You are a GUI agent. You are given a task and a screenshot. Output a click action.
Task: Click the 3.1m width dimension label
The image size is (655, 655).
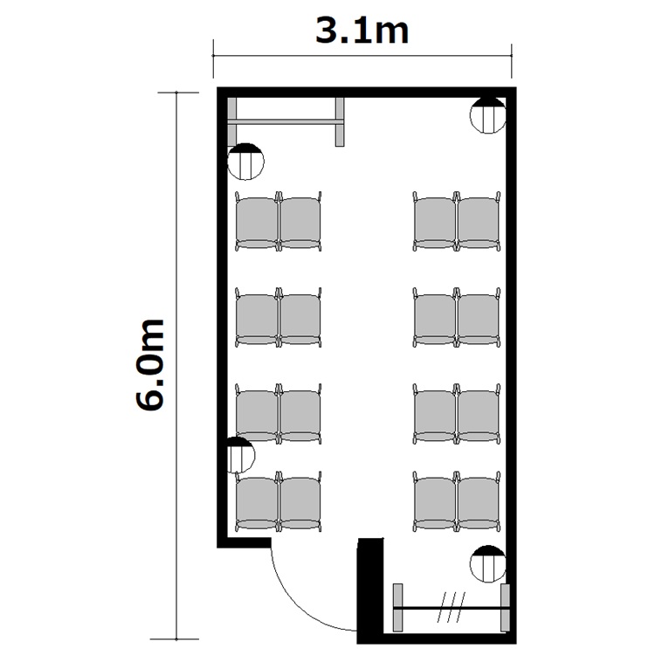(x=362, y=31)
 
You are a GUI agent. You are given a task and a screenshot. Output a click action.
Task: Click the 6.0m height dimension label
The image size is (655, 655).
(x=149, y=365)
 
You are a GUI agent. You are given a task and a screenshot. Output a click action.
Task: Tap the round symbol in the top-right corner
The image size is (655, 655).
(x=488, y=115)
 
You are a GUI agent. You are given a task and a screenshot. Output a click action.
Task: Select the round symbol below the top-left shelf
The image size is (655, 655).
(x=245, y=162)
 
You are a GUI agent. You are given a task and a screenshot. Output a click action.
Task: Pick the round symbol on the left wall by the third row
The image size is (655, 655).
(x=241, y=455)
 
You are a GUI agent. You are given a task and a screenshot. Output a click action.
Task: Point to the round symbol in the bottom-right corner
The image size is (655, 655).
(x=488, y=564)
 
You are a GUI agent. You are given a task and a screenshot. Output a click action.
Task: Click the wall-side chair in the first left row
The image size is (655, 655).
(x=257, y=222)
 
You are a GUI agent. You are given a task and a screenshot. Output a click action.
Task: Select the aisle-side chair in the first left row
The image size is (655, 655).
(x=300, y=222)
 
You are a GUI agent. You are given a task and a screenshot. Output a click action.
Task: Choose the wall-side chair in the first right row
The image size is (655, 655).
(x=479, y=222)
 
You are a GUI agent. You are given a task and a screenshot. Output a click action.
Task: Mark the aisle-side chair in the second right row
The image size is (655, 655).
(x=434, y=318)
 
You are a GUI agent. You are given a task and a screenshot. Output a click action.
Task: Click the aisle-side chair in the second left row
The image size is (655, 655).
(x=300, y=318)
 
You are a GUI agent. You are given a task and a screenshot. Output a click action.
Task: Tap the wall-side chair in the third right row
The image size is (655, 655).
(x=479, y=414)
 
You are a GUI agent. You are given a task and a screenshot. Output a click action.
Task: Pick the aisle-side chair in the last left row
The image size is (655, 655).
(x=300, y=501)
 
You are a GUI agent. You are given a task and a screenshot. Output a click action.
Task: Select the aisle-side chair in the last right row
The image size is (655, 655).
(x=434, y=501)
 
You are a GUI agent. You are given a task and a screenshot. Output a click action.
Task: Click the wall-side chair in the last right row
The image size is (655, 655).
(x=479, y=501)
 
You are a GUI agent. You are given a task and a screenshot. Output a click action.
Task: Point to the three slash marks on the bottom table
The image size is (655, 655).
(x=452, y=607)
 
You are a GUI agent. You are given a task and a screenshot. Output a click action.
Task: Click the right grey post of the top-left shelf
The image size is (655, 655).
(x=340, y=122)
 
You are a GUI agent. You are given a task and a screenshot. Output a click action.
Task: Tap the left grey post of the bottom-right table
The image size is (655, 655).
(x=398, y=607)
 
